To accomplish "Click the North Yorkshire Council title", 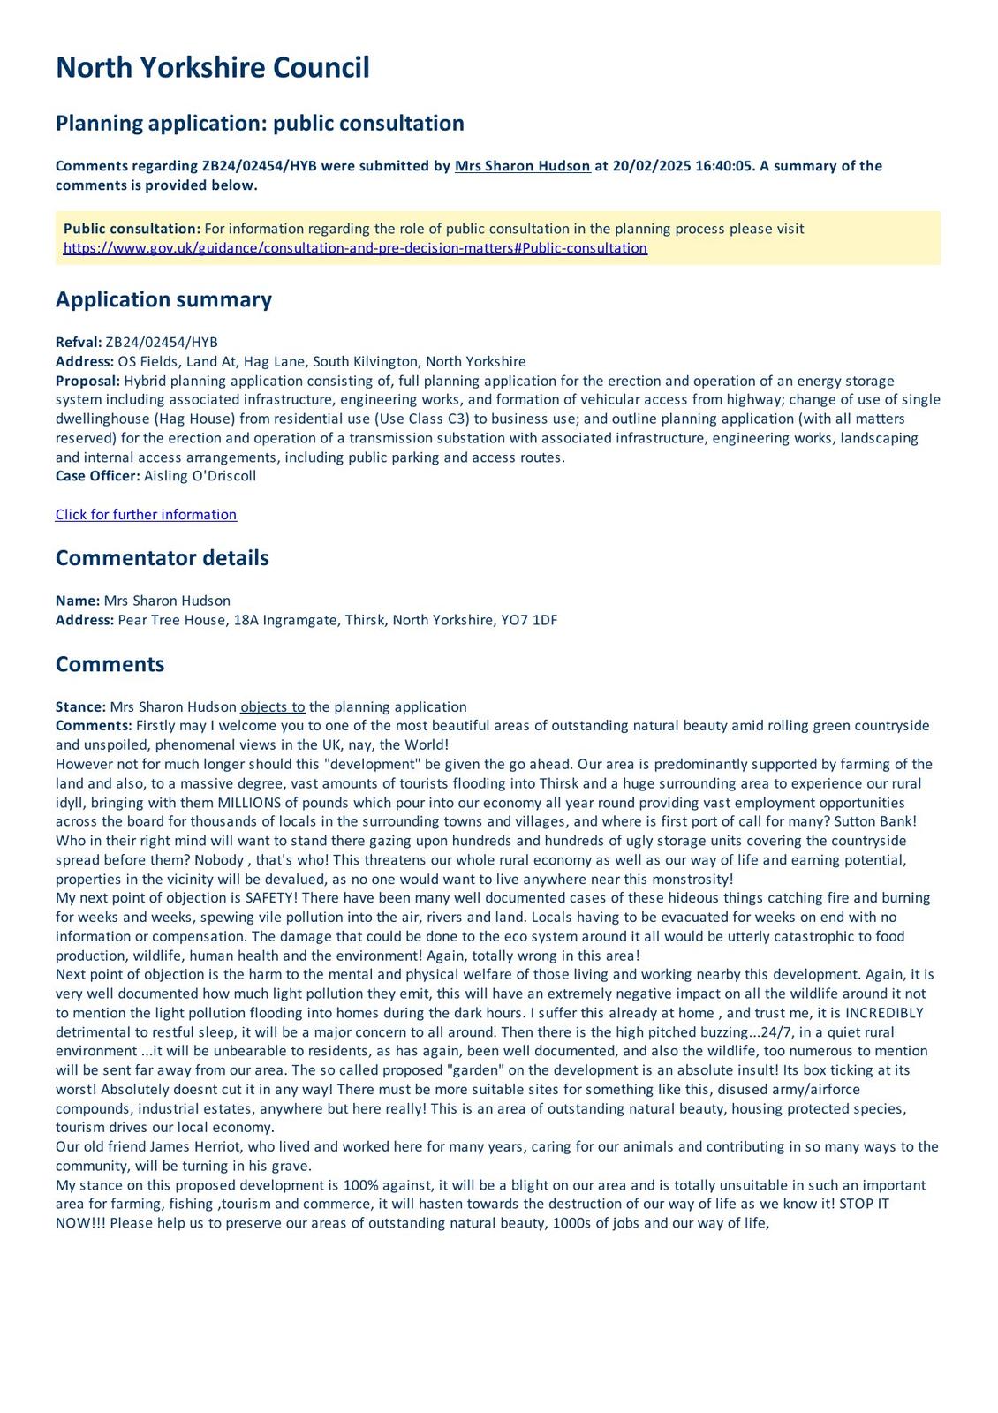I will [213, 68].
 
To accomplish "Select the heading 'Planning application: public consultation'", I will [260, 123].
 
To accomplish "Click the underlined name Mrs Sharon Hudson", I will [522, 166].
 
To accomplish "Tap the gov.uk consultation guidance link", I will [355, 248].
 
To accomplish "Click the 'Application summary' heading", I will [163, 299].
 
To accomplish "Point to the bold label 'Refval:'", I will [79, 343].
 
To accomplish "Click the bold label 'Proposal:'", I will [87, 381].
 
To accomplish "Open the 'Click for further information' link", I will [146, 515].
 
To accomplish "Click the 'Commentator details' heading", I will [162, 558].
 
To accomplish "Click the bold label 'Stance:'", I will [80, 707].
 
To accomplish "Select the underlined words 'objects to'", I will [273, 707].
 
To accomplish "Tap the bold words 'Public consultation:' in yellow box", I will [132, 229].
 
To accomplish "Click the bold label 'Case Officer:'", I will [97, 476].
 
